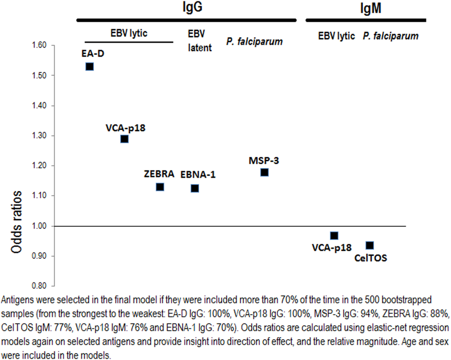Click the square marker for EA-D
click(x=90, y=67)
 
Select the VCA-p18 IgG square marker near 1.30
click(x=124, y=139)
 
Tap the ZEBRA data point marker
click(x=160, y=187)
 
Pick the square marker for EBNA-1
click(x=195, y=188)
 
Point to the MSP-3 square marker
click(x=264, y=172)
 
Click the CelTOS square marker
click(x=370, y=245)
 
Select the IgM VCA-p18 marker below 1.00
click(x=334, y=236)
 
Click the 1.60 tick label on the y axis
click(x=39, y=45)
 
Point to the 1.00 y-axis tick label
click(x=39, y=226)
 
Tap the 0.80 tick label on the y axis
click(x=39, y=286)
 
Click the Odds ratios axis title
click(x=16, y=222)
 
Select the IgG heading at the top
click(x=192, y=7)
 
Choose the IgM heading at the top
click(x=370, y=8)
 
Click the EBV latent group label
click(x=199, y=41)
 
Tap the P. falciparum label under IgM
click(x=390, y=36)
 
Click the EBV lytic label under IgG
click(x=129, y=33)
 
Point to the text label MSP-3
click(x=264, y=161)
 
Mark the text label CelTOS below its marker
click(x=370, y=258)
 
